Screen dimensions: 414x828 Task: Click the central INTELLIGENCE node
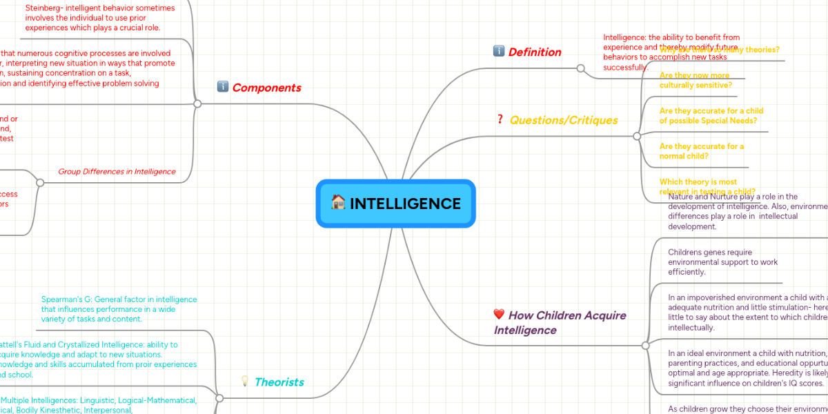pos(396,204)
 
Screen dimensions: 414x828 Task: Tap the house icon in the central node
pos(338,202)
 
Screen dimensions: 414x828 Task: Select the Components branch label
pos(266,88)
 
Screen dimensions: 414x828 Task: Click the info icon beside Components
pos(223,87)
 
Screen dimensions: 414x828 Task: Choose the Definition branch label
pos(535,52)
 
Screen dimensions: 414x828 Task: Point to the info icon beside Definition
pos(499,51)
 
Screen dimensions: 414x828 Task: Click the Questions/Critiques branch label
pos(564,120)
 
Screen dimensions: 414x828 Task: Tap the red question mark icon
pos(500,119)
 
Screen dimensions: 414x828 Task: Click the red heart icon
pos(500,315)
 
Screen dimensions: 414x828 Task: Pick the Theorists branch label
pos(279,382)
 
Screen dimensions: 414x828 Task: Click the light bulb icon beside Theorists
pos(244,381)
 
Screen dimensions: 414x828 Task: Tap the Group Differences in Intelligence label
pos(117,171)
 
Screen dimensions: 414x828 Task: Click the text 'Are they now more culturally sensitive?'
pos(695,80)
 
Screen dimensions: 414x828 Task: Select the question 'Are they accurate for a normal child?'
pos(702,151)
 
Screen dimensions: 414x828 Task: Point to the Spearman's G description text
pos(119,309)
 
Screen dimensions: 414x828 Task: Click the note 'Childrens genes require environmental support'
pos(713,262)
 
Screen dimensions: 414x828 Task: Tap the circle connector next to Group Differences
pos(40,183)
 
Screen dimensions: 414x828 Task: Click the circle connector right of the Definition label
pos(581,68)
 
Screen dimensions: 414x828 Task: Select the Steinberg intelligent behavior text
pos(100,18)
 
